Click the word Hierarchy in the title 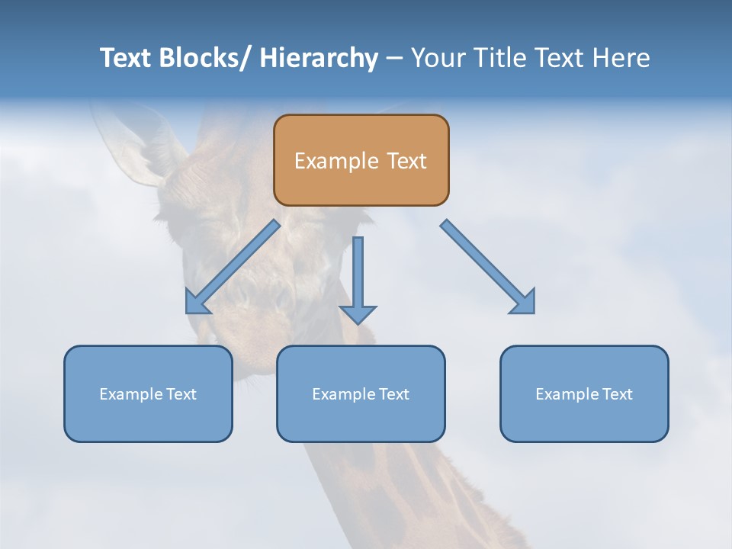click(318, 58)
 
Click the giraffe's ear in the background click(133, 141)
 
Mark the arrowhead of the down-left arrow click(196, 303)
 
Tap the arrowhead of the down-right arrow click(525, 303)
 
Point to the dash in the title click(394, 58)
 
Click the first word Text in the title click(125, 58)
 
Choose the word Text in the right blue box click(617, 394)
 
